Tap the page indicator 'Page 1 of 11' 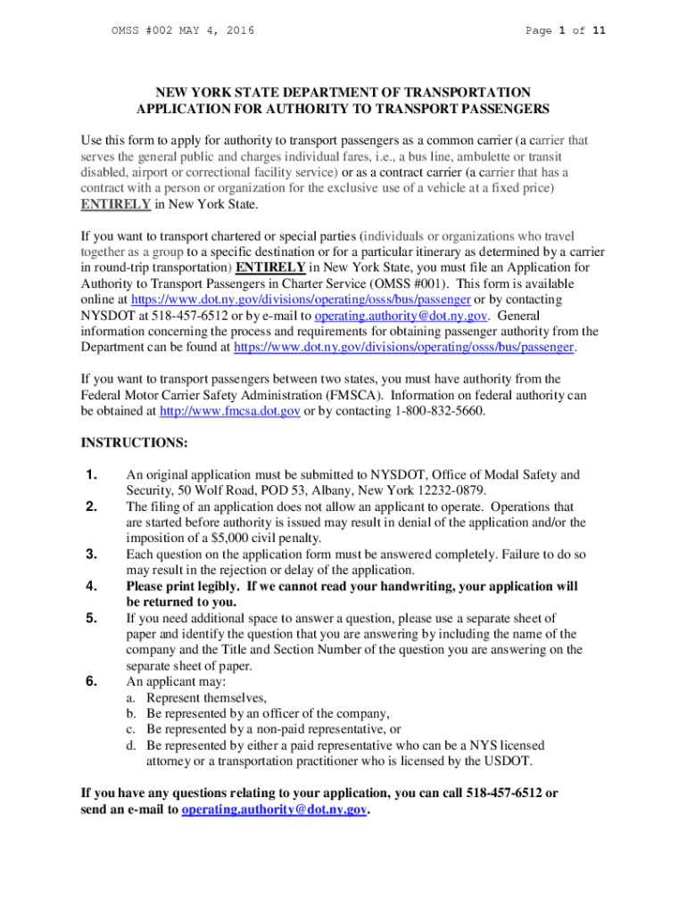tap(566, 31)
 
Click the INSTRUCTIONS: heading tap(122, 442)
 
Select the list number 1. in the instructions tap(89, 475)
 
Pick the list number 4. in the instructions tap(89, 587)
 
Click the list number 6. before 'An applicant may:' tap(89, 682)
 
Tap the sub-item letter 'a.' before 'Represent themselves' tap(132, 698)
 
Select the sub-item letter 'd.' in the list tap(132, 745)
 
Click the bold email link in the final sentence tap(274, 810)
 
